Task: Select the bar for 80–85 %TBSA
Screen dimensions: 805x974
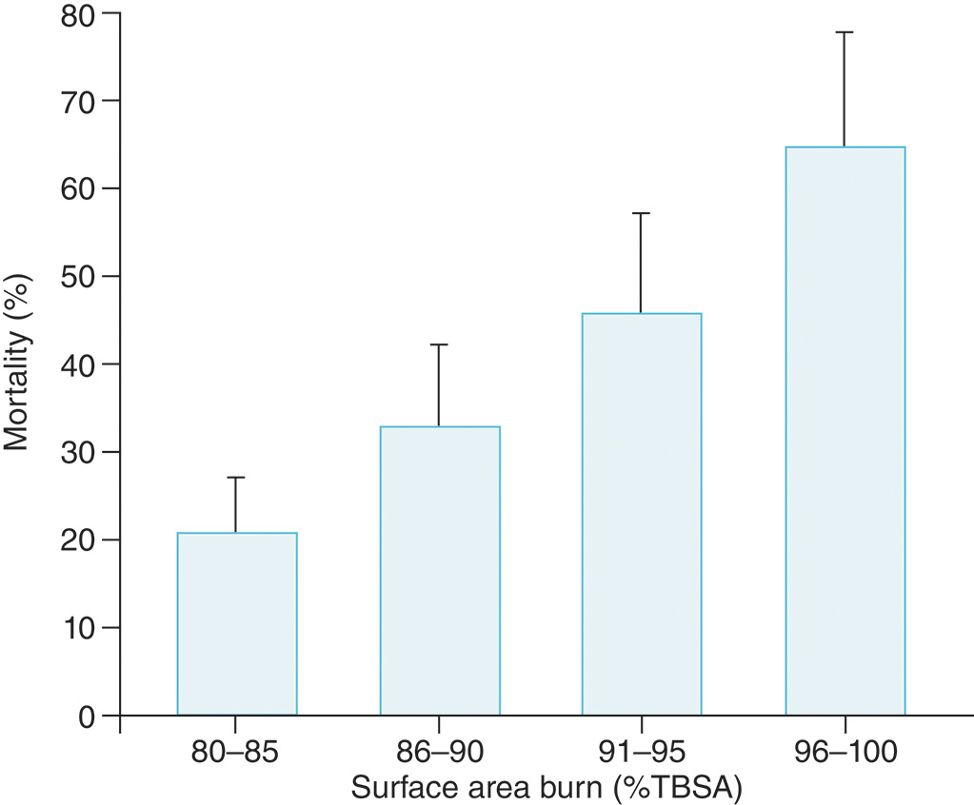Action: click(237, 623)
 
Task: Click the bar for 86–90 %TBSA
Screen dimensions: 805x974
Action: click(440, 571)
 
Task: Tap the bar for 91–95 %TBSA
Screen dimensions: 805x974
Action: click(642, 514)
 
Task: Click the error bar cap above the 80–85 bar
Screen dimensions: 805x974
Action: click(237, 478)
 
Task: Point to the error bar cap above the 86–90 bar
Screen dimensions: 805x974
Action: click(440, 344)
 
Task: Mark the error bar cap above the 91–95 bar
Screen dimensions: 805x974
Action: click(642, 213)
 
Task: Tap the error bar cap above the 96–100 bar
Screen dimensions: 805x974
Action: click(845, 32)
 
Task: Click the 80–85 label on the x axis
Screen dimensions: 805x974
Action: click(237, 755)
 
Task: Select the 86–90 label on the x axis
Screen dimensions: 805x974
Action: click(440, 755)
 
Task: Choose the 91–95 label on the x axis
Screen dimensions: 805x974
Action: click(642, 755)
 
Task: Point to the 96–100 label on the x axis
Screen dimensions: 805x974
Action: click(844, 755)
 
